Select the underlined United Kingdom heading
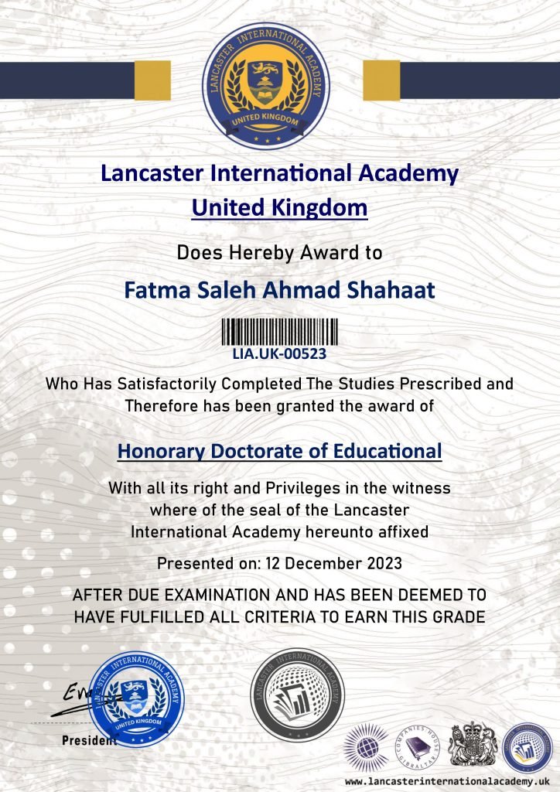click(279, 207)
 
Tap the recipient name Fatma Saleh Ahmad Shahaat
click(279, 291)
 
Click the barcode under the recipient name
click(279, 331)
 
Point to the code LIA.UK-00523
click(279, 354)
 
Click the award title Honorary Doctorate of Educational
click(279, 451)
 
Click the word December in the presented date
click(327, 563)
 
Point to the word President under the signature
click(89, 740)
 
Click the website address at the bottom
click(446, 782)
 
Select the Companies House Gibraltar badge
click(418, 746)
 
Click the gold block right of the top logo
click(381, 80)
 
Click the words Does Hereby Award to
click(279, 251)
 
